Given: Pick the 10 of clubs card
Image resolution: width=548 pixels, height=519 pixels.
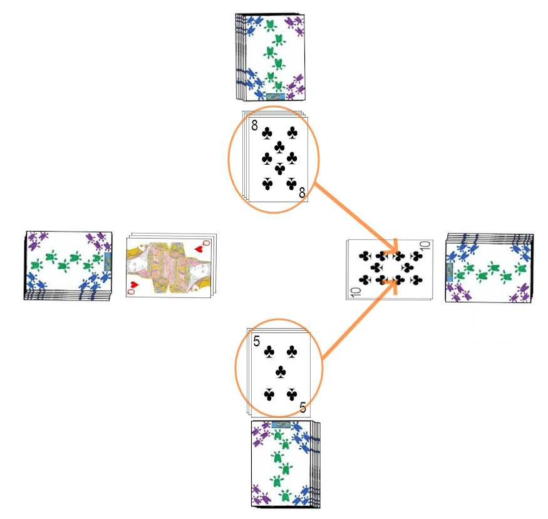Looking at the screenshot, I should pos(388,268).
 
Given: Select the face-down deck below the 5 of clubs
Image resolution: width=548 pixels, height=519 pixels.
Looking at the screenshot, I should pos(284,463).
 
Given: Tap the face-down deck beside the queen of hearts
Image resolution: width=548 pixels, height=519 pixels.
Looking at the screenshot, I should pos(68,265).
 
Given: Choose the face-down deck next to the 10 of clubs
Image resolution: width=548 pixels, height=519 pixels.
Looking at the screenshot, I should pos(489,268).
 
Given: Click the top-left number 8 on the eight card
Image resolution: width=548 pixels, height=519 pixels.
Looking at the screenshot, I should pos(255,126).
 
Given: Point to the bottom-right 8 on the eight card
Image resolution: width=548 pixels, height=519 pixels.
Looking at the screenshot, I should pos(302,193).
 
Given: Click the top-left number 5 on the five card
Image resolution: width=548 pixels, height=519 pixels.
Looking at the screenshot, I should pos(257,342).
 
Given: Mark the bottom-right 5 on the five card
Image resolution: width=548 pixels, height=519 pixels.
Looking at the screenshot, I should pos(303,408).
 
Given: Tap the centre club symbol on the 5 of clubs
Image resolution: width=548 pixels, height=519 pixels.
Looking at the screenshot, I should pos(281,373).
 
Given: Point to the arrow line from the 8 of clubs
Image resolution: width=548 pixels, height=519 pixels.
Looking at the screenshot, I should pos(354,216).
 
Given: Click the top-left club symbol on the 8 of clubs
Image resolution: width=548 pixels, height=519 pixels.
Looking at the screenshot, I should pos(267,133).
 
